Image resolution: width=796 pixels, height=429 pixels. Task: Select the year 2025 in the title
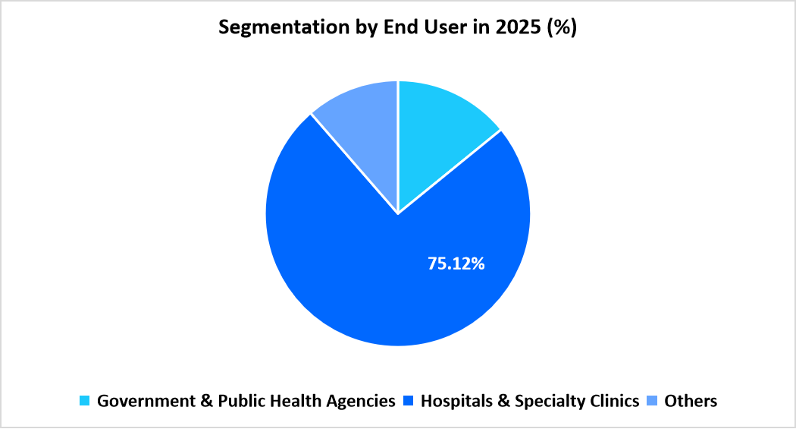[x=515, y=28]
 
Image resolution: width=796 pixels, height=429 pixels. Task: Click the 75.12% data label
[x=456, y=264]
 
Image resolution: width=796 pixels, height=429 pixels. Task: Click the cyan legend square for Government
[x=85, y=401]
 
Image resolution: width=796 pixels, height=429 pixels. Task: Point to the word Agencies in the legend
[x=363, y=401]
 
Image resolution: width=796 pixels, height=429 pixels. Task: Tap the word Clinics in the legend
[x=612, y=401]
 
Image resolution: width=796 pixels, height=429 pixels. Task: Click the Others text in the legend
[x=691, y=401]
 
